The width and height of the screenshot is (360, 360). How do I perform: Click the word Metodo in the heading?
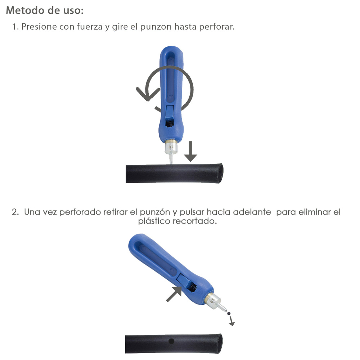tap(24, 10)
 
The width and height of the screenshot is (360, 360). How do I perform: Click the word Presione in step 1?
tap(37, 27)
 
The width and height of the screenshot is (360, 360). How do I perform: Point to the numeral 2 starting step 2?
tap(14, 212)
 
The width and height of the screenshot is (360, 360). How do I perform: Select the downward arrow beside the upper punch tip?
tap(190, 152)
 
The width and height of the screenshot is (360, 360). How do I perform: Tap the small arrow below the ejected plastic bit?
tap(231, 321)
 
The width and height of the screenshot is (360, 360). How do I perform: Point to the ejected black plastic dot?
tap(228, 314)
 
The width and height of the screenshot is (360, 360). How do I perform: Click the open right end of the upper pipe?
tap(219, 173)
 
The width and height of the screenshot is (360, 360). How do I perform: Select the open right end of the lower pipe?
tap(218, 344)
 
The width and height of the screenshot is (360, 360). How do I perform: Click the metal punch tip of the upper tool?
tap(171, 158)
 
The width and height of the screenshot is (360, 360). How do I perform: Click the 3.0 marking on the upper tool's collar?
tap(171, 147)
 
